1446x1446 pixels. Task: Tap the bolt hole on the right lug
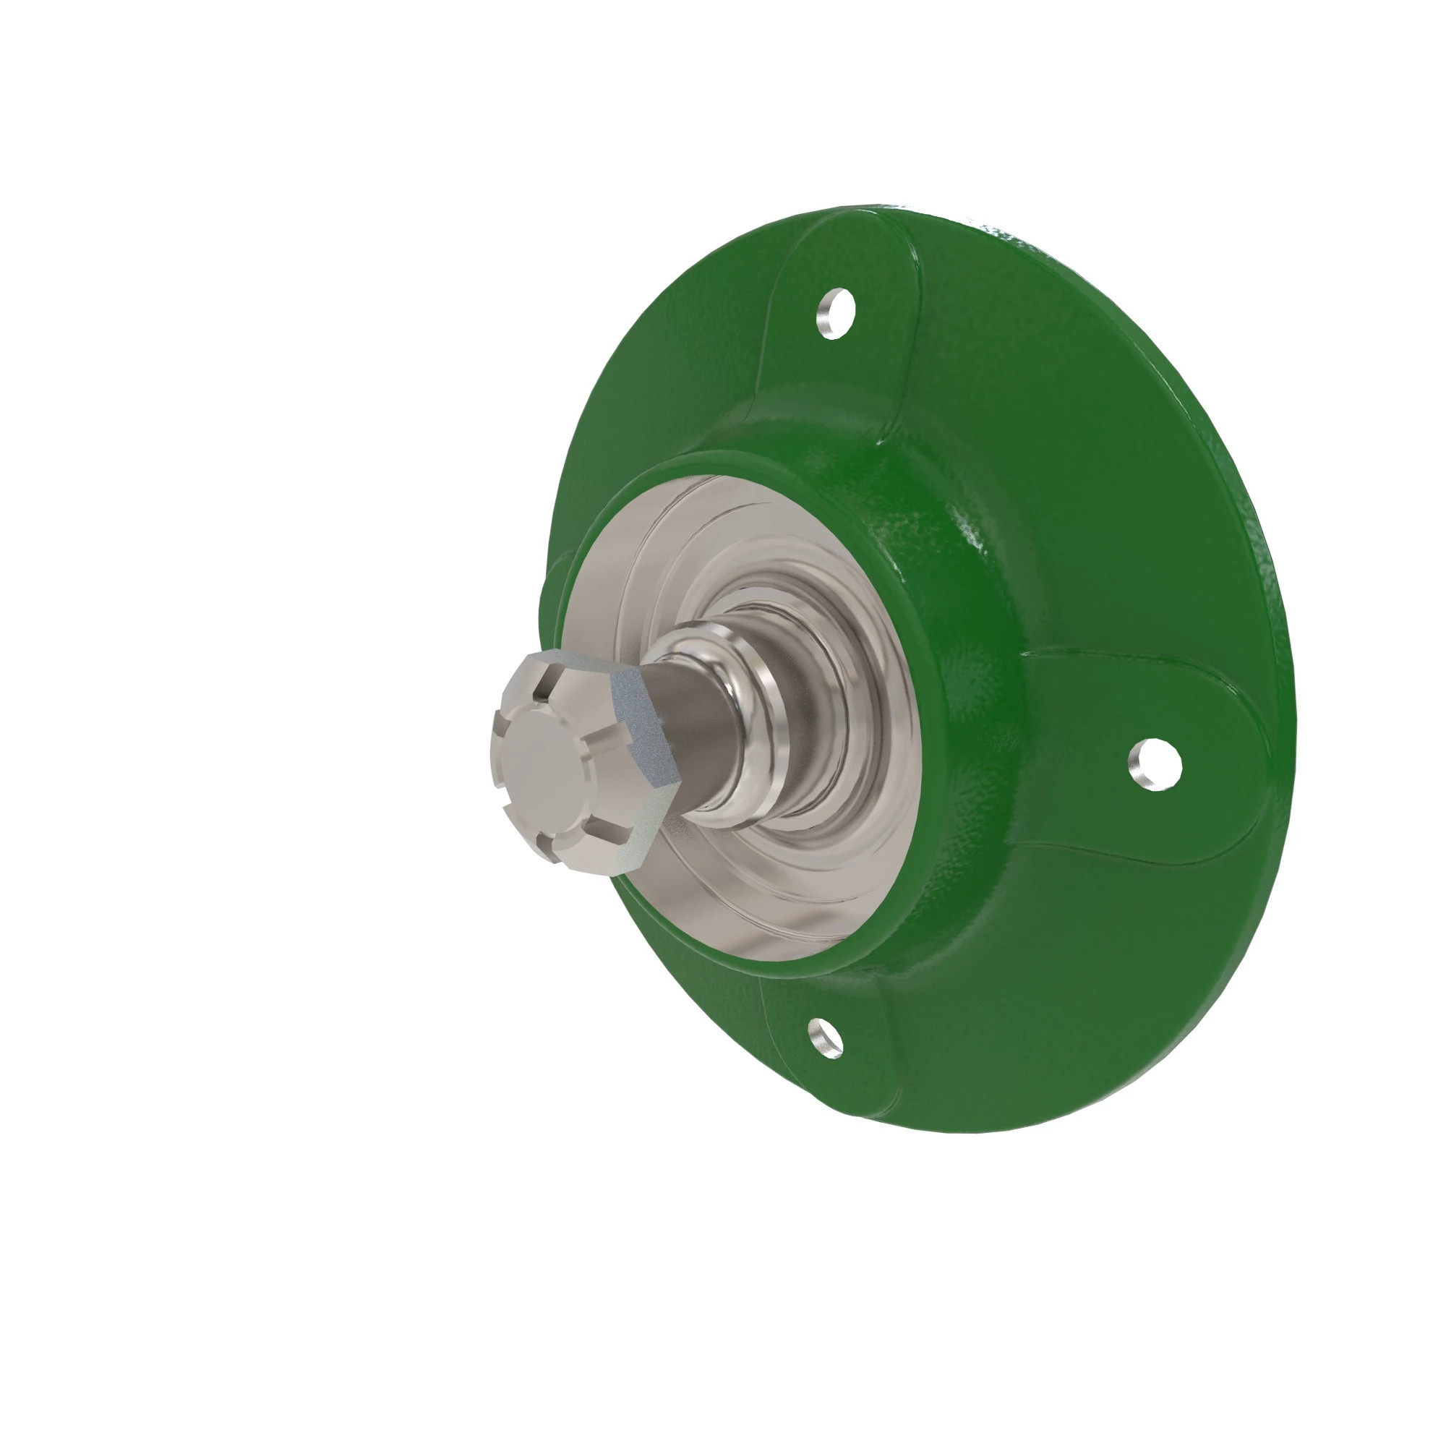1154,763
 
